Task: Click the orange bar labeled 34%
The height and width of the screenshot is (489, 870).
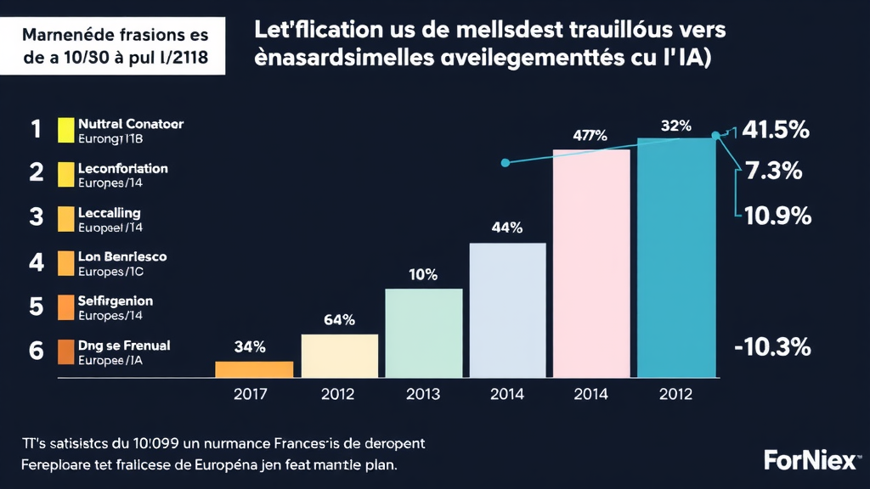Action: (254, 369)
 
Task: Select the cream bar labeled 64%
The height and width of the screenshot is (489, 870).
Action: (340, 356)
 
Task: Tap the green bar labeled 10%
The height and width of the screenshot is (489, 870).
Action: (423, 333)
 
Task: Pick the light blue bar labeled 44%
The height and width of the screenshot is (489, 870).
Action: (507, 310)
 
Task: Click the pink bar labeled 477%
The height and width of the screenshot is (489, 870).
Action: (591, 263)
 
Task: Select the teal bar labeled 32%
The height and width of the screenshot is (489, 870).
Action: (677, 257)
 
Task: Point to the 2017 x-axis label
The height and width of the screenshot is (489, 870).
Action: (251, 394)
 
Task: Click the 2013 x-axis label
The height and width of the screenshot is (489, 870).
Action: (422, 394)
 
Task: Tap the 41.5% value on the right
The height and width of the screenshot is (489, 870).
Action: (775, 131)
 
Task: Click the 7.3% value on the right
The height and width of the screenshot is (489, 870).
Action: (773, 171)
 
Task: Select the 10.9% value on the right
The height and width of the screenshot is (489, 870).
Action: (777, 216)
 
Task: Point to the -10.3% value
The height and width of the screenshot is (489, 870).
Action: (771, 346)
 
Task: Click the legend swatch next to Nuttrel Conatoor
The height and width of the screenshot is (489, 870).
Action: (66, 130)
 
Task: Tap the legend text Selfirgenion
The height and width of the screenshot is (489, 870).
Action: (115, 301)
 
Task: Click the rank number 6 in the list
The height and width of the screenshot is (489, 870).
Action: (36, 351)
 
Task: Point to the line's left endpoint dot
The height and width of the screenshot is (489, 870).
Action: (506, 162)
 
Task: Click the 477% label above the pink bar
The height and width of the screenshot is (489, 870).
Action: (590, 135)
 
